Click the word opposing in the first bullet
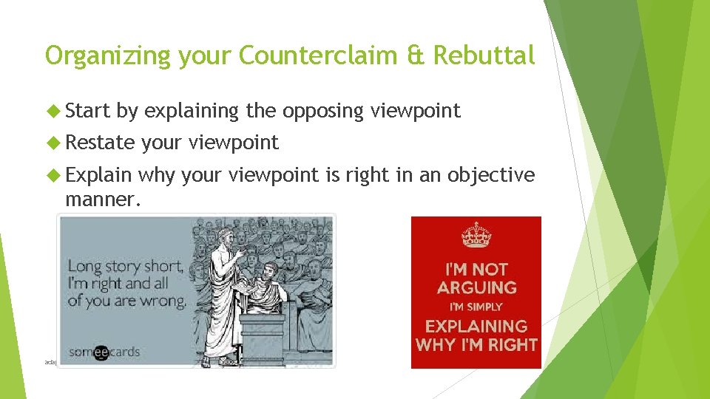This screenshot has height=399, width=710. point(322,112)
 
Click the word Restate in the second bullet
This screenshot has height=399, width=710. point(101,143)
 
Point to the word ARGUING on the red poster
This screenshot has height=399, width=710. point(476,287)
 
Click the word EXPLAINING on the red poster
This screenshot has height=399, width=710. point(476,326)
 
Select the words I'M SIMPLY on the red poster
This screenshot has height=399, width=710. point(476,307)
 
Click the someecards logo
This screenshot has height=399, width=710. point(104,352)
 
